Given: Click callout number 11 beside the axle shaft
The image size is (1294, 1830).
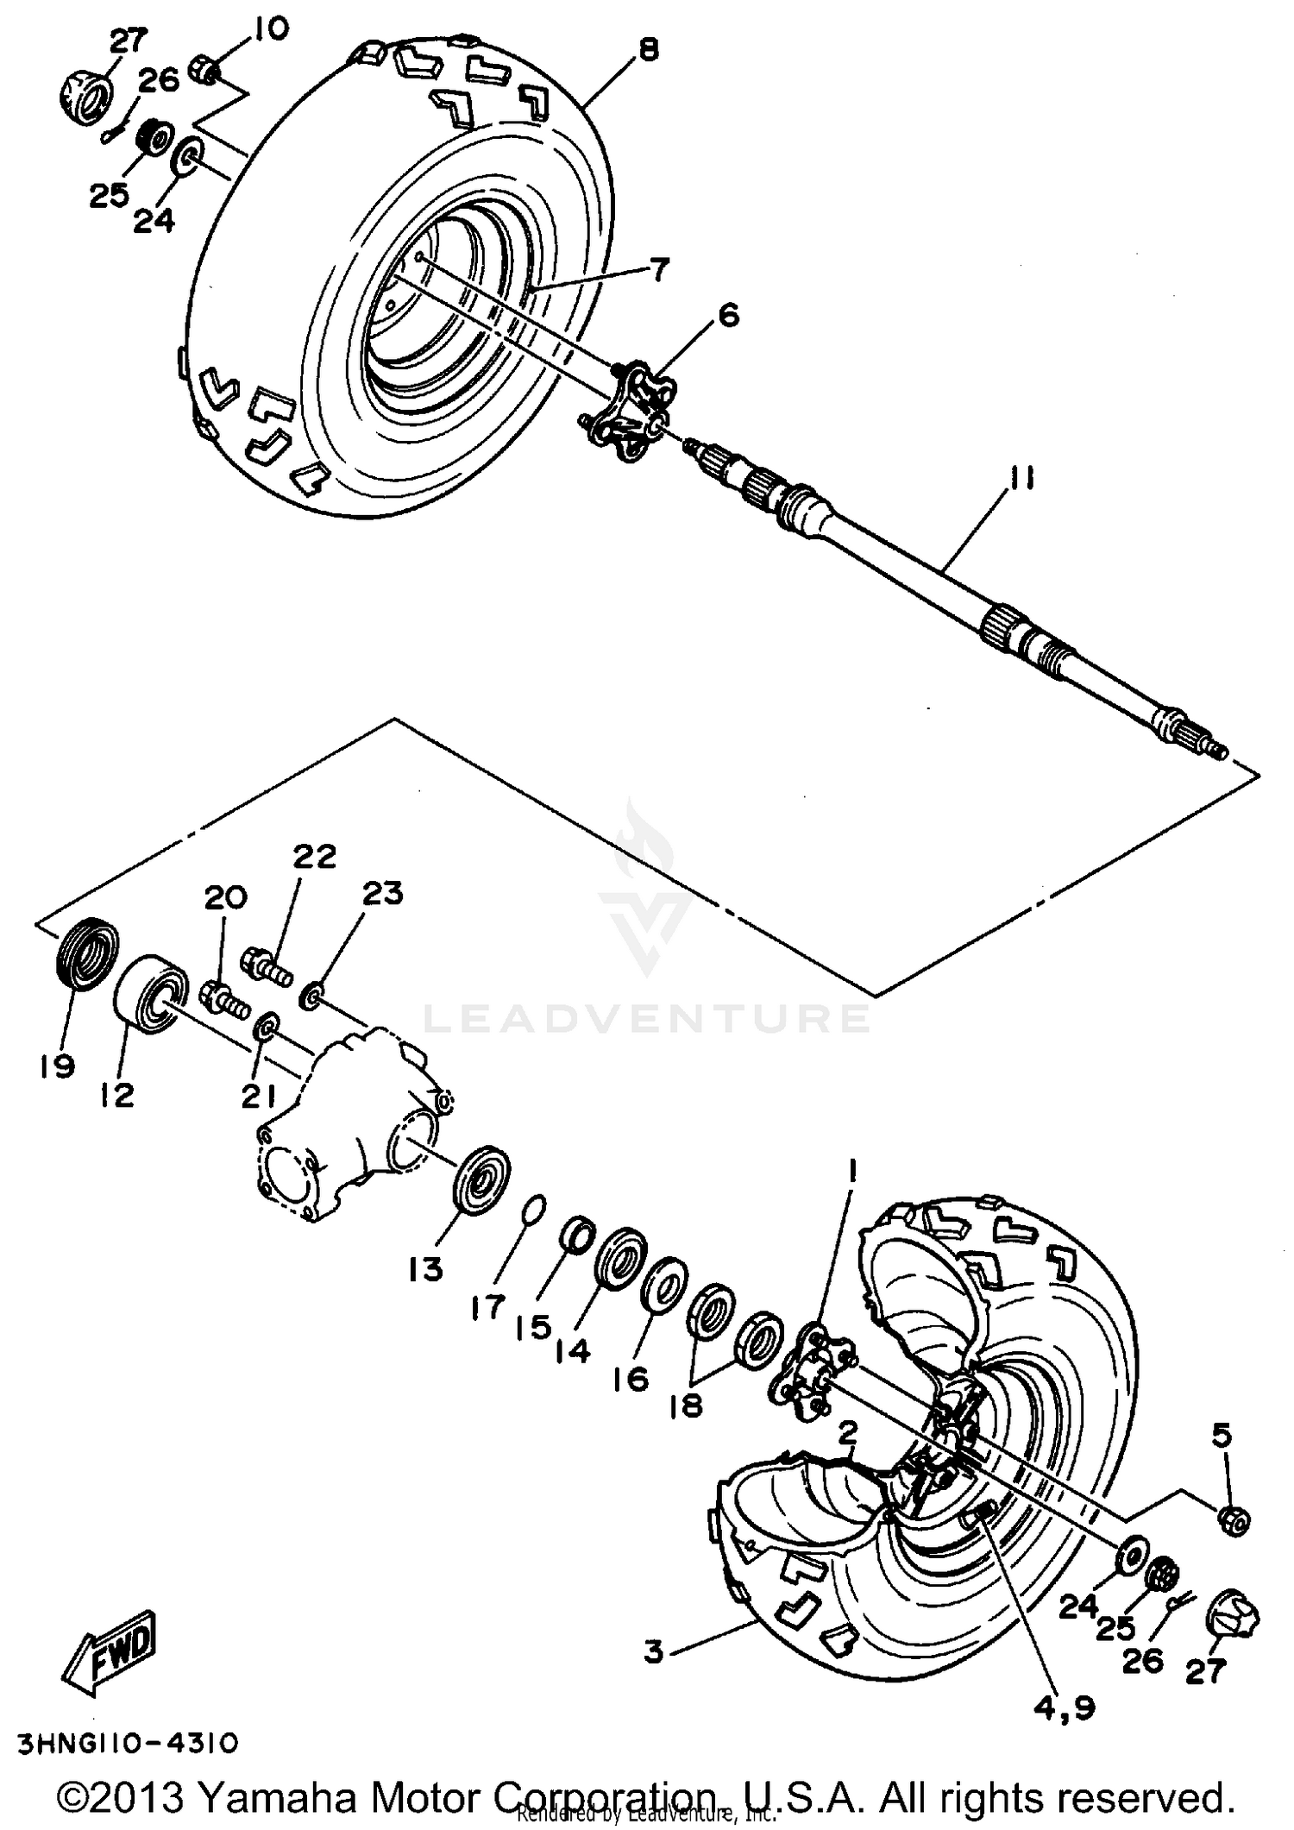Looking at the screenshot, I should [x=1021, y=478].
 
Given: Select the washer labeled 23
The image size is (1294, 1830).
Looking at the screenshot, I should [x=311, y=998].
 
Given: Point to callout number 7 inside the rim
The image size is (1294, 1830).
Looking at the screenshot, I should [x=657, y=270].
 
